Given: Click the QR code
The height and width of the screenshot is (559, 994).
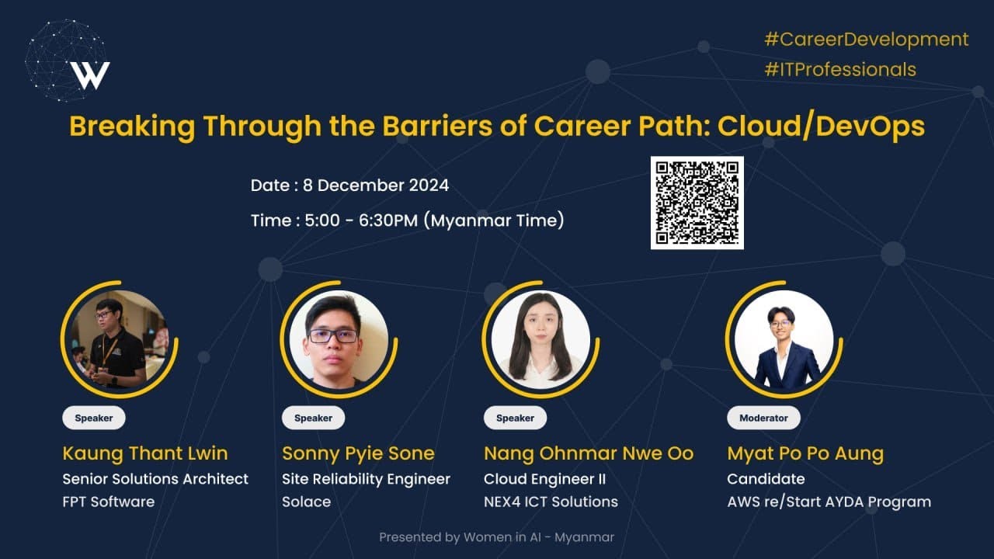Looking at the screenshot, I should tap(697, 203).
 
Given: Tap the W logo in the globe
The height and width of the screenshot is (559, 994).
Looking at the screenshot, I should tap(90, 75).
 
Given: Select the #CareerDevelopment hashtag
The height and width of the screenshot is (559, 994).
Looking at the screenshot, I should tap(866, 40).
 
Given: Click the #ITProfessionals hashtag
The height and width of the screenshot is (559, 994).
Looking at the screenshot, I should tap(840, 69).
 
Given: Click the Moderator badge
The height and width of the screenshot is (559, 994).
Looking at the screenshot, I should tap(763, 418).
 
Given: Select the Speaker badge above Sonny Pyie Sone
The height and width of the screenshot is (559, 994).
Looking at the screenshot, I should tap(313, 418).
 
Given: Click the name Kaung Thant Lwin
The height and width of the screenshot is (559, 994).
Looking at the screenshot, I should tap(145, 453).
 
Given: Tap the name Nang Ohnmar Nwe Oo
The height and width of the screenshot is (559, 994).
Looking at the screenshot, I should tap(589, 453).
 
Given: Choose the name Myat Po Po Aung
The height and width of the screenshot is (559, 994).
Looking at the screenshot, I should tap(805, 453).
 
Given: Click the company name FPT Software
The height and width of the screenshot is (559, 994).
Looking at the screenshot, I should tap(108, 502).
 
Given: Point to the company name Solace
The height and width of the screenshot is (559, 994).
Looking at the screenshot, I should tap(306, 502).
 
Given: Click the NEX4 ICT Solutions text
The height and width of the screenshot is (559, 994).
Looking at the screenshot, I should tap(551, 502).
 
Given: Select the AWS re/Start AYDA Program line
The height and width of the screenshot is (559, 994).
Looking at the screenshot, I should tap(829, 502).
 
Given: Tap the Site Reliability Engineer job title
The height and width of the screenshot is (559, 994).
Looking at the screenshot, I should tap(366, 479).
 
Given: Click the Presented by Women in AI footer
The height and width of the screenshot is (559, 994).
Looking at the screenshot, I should tap(496, 537).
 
